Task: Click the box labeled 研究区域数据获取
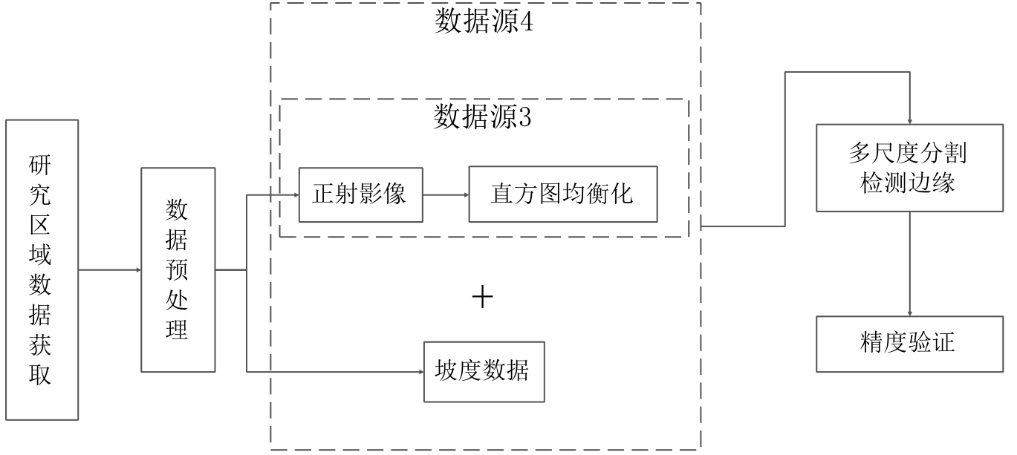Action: pos(42,270)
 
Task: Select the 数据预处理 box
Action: pos(178,270)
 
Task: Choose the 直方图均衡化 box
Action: pos(562,194)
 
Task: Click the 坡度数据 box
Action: pos(483,371)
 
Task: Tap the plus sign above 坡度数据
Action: pos(483,298)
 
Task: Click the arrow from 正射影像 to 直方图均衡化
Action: pos(446,194)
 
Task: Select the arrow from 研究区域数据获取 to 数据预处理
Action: pos(109,270)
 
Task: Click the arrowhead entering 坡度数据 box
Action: pos(420,371)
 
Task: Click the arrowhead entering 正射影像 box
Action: pos(295,194)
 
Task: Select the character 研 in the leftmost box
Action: pos(41,163)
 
